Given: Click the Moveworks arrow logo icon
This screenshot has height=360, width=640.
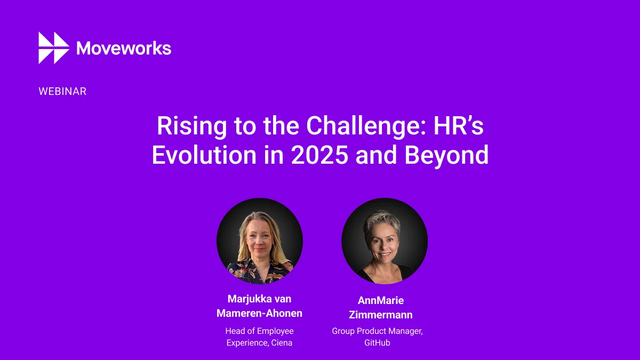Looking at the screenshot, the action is pos(54,47).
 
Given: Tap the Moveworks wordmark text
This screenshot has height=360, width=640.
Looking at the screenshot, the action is pos(124,48).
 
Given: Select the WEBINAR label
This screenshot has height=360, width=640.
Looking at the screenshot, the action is pos(62,91).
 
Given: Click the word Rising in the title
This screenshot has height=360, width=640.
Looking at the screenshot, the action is pos(191,126).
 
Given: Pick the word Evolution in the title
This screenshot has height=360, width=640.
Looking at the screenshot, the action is pos(204,155).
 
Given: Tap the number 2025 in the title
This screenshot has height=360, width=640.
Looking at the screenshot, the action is pos(319,155).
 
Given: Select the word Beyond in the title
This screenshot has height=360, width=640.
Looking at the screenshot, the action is pos(446,156).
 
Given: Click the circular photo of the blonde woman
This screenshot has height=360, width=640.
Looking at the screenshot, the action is pos(259,241).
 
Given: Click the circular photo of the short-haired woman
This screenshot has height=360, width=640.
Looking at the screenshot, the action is pos(385,241).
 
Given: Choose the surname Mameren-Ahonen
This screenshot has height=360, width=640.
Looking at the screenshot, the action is pos(259,314).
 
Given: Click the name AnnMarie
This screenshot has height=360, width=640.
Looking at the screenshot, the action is pos(381,301).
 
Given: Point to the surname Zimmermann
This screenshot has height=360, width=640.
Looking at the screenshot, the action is pos(381,315).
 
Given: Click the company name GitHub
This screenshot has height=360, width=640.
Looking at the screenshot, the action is pos(377,343).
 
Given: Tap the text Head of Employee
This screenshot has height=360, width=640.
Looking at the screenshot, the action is pos(259,331).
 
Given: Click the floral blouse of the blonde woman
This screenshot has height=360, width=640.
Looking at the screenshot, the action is pos(259,273).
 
